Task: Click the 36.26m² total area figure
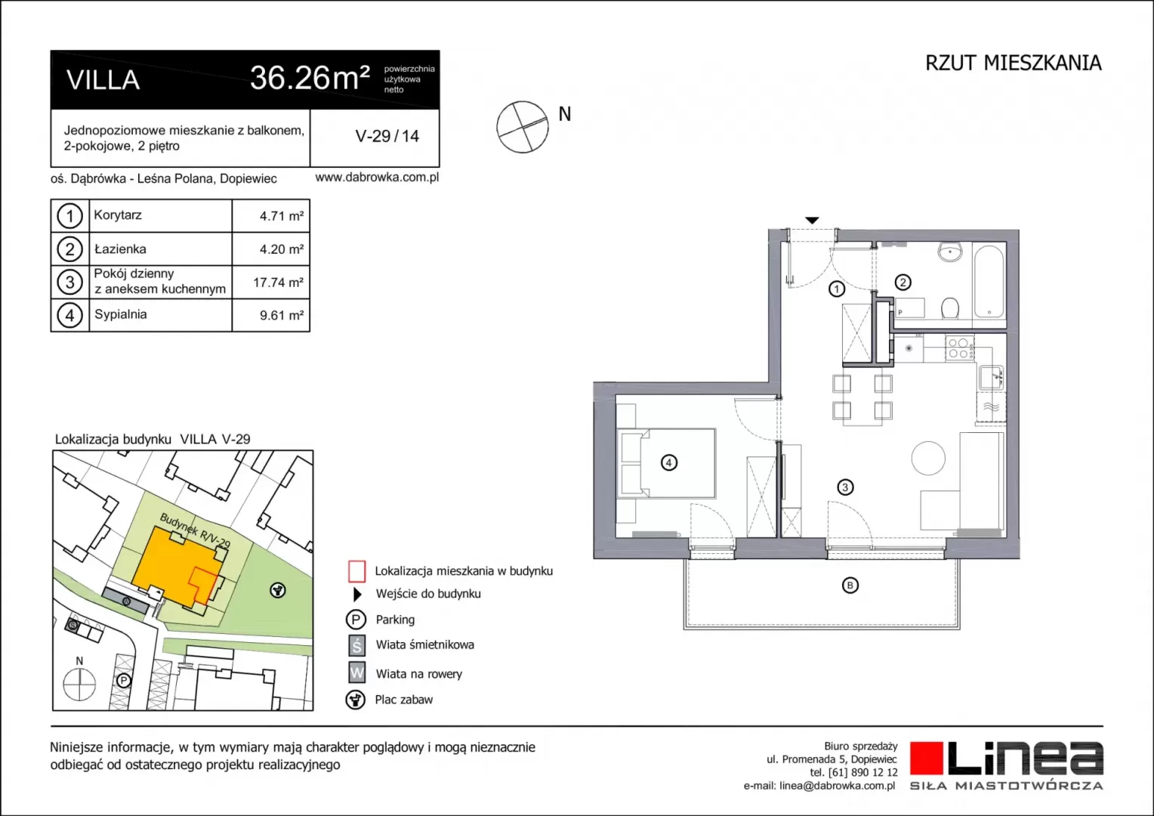[310, 79]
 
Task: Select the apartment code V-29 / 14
[387, 136]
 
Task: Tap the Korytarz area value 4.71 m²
[281, 216]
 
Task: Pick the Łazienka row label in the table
[120, 249]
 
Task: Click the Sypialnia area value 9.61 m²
[281, 315]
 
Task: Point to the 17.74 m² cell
[278, 283]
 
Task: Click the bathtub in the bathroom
[989, 282]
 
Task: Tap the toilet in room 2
[949, 308]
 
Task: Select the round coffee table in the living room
[928, 458]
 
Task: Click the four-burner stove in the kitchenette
[960, 348]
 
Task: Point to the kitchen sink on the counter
[991, 376]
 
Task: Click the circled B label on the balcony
[850, 585]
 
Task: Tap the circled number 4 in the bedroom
[668, 462]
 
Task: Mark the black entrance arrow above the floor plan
[813, 221]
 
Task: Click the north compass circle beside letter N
[523, 127]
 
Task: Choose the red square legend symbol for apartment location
[356, 571]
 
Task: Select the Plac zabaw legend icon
[356, 700]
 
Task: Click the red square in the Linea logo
[926, 758]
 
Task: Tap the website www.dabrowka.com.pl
[377, 178]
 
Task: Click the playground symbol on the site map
[278, 590]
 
